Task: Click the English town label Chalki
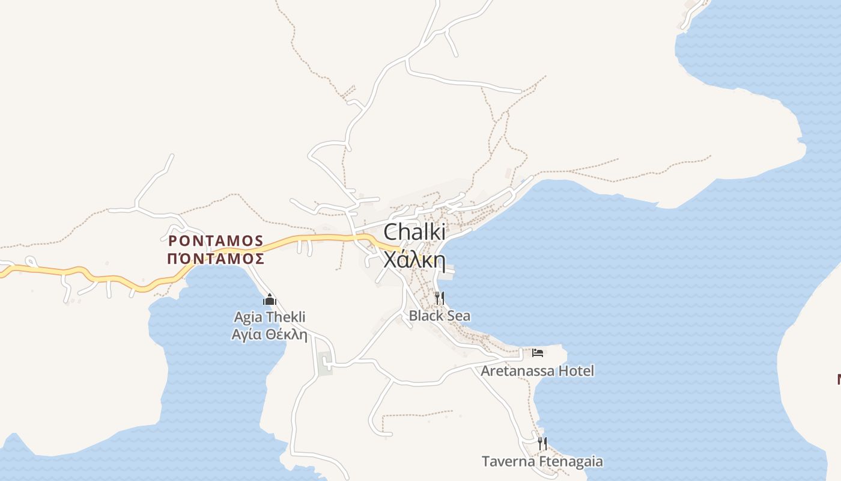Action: [x=414, y=233]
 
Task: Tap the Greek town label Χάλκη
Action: [x=414, y=260]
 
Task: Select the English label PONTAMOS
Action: [x=216, y=241]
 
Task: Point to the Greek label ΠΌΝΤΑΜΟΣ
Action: [x=216, y=259]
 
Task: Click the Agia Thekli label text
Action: [x=270, y=317]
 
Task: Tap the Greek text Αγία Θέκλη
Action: [x=270, y=334]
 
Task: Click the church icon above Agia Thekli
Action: [x=270, y=299]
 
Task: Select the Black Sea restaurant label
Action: [x=439, y=316]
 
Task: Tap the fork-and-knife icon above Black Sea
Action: [x=439, y=298]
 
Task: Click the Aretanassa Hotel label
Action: [x=537, y=370]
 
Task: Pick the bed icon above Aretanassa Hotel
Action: [x=538, y=352]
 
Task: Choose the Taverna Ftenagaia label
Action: [x=542, y=461]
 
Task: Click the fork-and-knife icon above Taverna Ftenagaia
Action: [x=542, y=444]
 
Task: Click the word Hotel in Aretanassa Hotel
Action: [x=576, y=370]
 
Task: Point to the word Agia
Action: [x=247, y=317]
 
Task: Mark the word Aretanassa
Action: [x=517, y=370]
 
